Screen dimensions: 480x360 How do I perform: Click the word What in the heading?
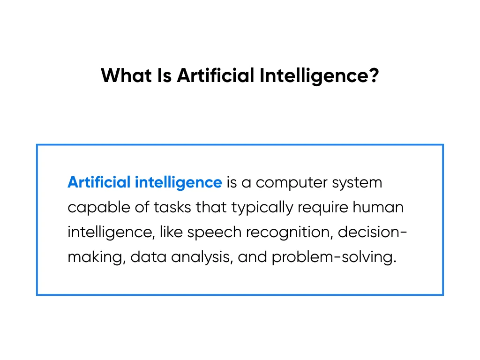(126, 75)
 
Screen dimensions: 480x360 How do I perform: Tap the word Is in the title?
(165, 75)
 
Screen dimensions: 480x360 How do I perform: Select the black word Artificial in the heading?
(216, 75)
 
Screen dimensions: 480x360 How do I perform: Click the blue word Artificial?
(99, 182)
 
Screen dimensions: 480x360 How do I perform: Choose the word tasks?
(172, 208)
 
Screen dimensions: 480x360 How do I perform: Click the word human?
(378, 208)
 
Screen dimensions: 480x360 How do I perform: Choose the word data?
(149, 257)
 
